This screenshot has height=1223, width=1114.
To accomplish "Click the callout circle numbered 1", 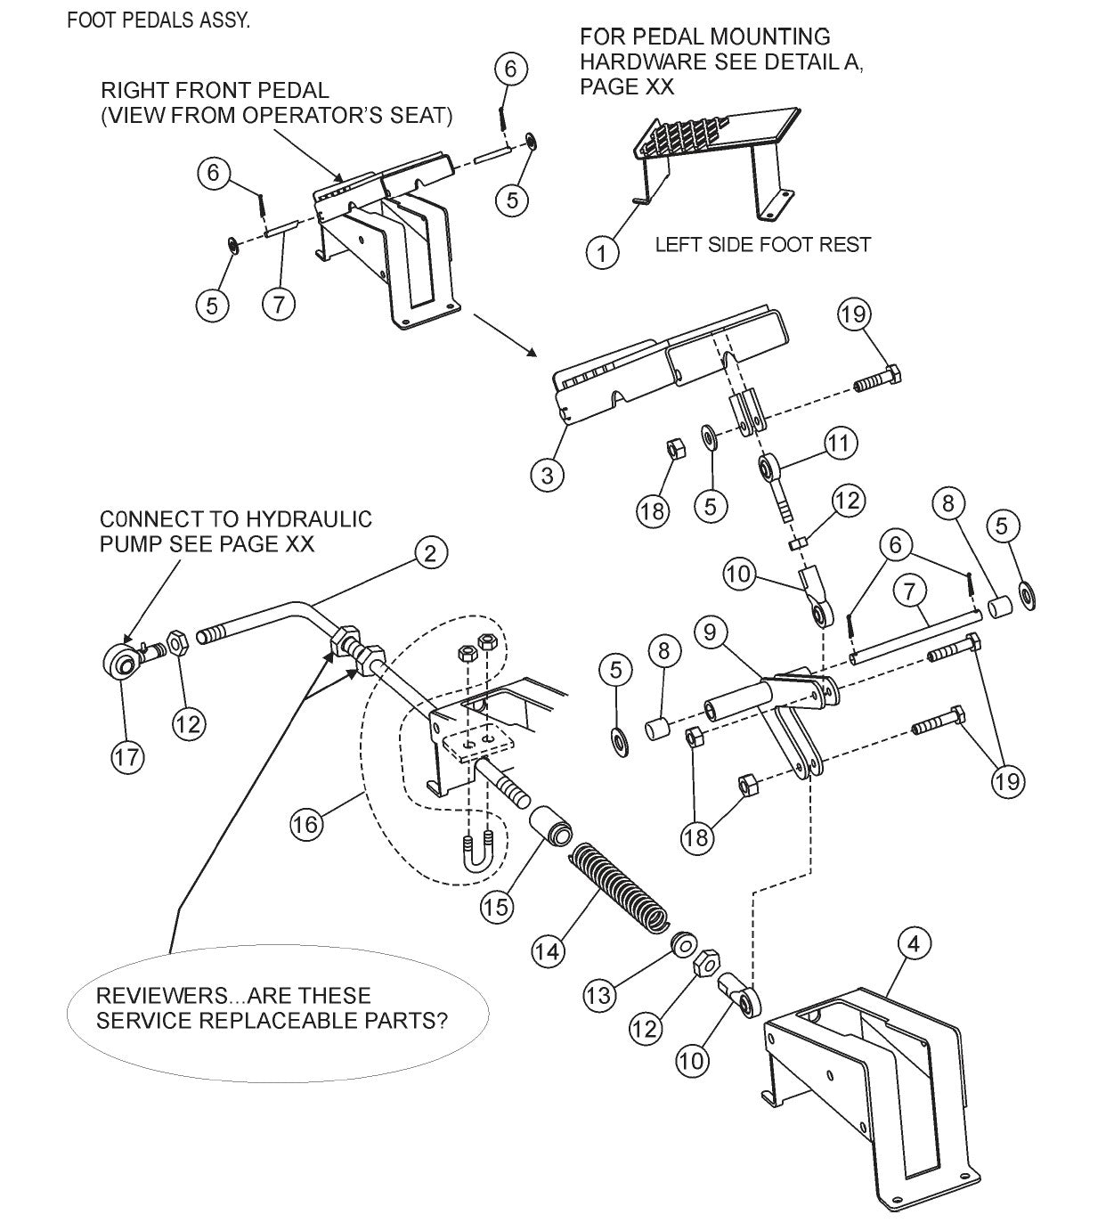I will pyautogui.click(x=603, y=253).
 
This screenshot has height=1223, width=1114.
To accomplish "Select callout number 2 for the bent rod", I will pyautogui.click(x=430, y=554).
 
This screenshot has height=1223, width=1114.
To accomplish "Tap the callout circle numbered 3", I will pyautogui.click(x=547, y=475).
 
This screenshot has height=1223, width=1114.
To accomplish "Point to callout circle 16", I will pyautogui.click(x=305, y=824).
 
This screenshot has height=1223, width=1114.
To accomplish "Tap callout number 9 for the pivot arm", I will pyautogui.click(x=710, y=633).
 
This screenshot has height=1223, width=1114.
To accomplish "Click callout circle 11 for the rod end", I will pyautogui.click(x=840, y=443).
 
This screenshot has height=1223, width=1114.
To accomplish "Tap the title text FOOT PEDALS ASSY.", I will pyautogui.click(x=159, y=20).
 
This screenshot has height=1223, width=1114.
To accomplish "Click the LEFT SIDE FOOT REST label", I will pyautogui.click(x=762, y=244).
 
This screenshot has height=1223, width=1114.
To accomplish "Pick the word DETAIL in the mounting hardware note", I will pyautogui.click(x=796, y=62).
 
